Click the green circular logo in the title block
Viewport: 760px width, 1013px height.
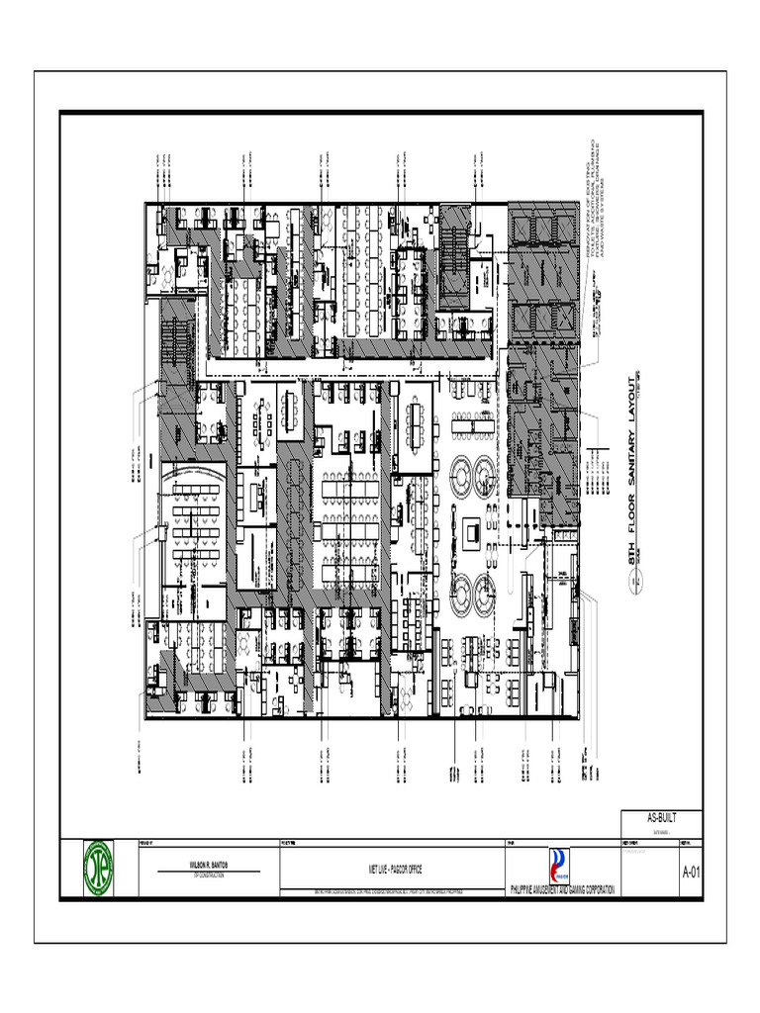[x=99, y=869]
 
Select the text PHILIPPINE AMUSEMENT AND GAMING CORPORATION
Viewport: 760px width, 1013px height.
[x=561, y=890]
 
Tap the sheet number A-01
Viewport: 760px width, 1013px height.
[x=691, y=873]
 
